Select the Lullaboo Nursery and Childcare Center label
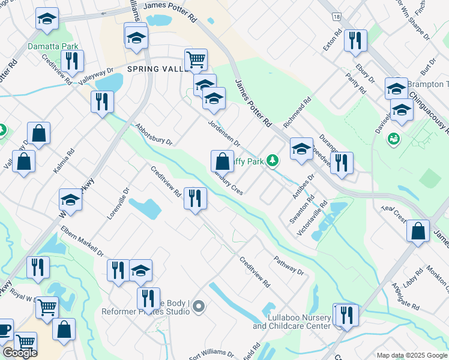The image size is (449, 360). (x=292, y=322)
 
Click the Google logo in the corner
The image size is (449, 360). (x=20, y=353)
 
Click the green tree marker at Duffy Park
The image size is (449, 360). (x=273, y=160)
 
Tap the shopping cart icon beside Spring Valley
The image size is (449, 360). (x=196, y=60)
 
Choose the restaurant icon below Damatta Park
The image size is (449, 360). (x=72, y=61)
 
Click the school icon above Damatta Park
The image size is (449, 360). (x=46, y=19)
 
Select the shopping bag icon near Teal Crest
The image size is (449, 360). (x=418, y=230)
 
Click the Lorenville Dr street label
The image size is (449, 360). (x=118, y=203)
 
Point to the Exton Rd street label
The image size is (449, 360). (x=332, y=40)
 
